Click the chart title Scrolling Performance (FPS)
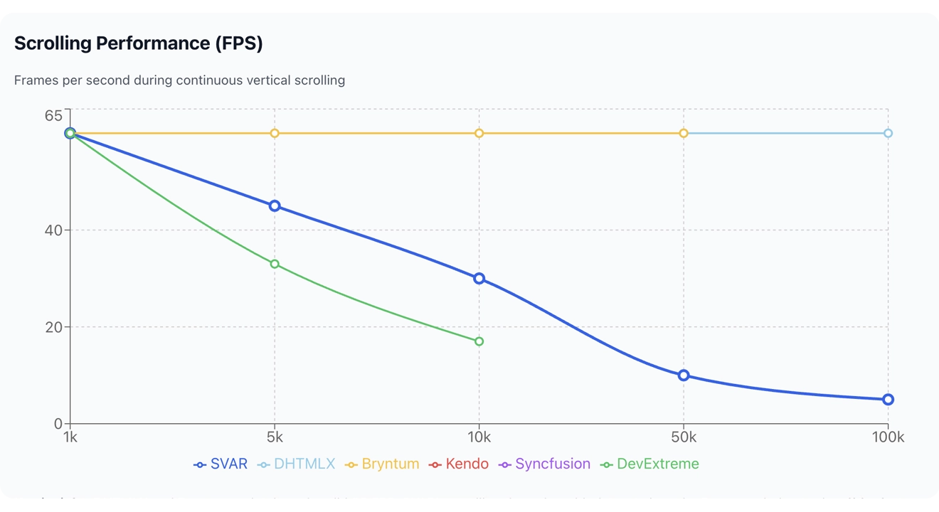coord(139,43)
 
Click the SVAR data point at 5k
coord(275,206)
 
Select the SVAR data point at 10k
coord(479,279)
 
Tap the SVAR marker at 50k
coord(684,375)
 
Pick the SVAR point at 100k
coord(888,400)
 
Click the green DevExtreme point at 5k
coord(275,265)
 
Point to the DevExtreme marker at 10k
coord(479,341)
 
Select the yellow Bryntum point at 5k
coord(275,133)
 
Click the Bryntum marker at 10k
coord(479,133)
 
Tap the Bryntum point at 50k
coord(684,133)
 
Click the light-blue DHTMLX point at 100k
coord(888,133)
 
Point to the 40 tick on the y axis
coord(54,230)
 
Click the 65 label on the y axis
coord(54,115)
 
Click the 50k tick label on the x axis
coord(684,437)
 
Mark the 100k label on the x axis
coord(888,437)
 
